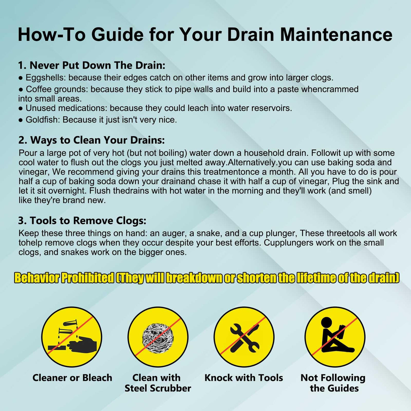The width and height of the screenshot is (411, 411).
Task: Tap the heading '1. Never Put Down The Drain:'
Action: click(92, 65)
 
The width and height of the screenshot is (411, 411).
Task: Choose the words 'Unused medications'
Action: click(65, 108)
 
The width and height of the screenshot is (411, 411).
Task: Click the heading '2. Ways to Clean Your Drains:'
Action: click(92, 140)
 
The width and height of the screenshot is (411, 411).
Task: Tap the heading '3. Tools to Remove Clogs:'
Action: click(82, 220)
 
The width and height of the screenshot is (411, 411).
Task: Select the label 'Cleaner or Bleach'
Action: click(72, 378)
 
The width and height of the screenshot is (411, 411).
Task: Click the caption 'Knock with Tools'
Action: click(244, 378)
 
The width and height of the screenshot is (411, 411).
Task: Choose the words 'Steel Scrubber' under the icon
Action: click(158, 388)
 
